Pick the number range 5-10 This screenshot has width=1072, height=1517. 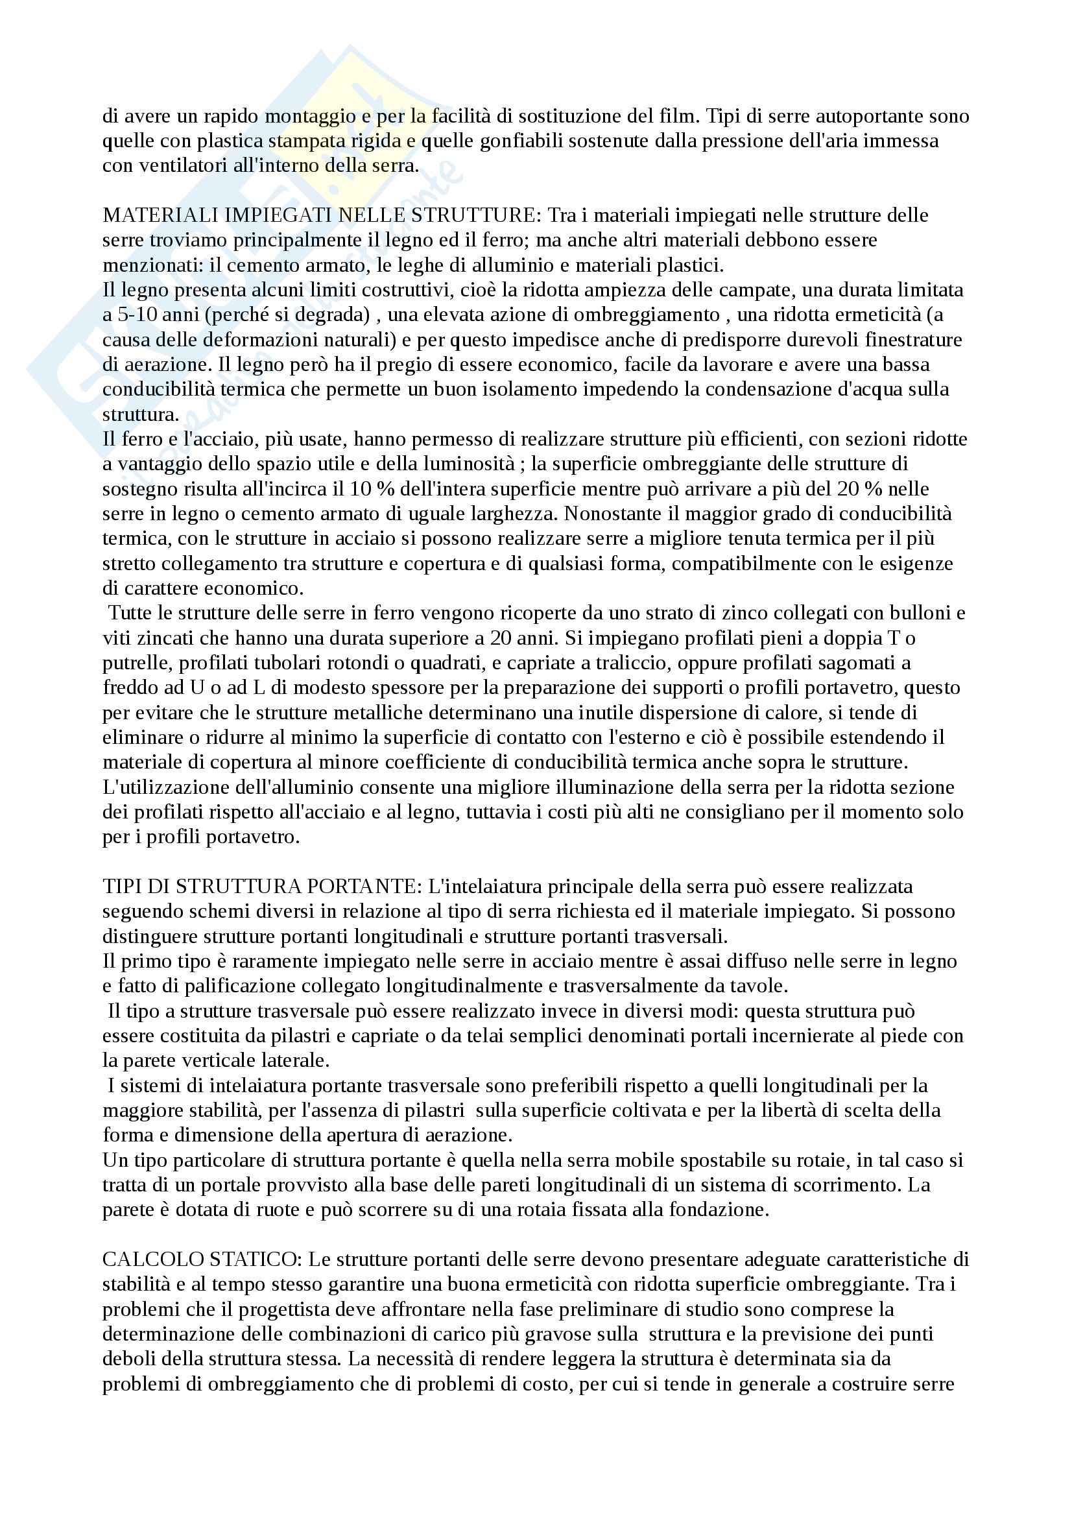[136, 315]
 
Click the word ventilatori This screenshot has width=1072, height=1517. [178, 165]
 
